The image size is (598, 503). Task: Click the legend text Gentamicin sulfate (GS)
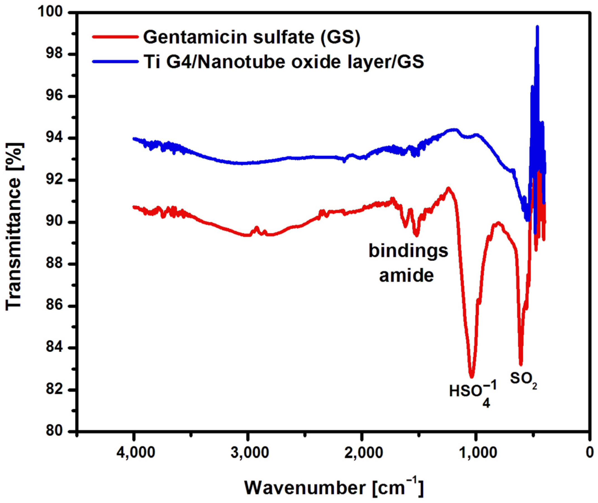tap(252, 37)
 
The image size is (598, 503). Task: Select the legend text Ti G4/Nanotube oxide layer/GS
tap(284, 62)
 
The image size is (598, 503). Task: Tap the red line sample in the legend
tap(115, 37)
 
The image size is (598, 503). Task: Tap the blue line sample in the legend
tap(115, 61)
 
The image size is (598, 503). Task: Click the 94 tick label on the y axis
tap(54, 138)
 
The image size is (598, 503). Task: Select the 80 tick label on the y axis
tap(54, 432)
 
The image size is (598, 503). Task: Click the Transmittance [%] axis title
tap(14, 225)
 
